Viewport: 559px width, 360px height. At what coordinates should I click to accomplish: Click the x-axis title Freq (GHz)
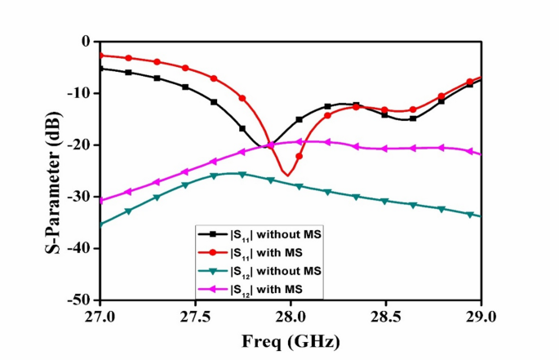pos(290,340)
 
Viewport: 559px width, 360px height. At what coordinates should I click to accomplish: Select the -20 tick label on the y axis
pos(80,145)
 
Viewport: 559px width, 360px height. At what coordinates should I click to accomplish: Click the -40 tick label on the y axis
pos(80,249)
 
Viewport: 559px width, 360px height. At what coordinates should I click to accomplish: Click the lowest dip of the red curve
pos(285,175)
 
